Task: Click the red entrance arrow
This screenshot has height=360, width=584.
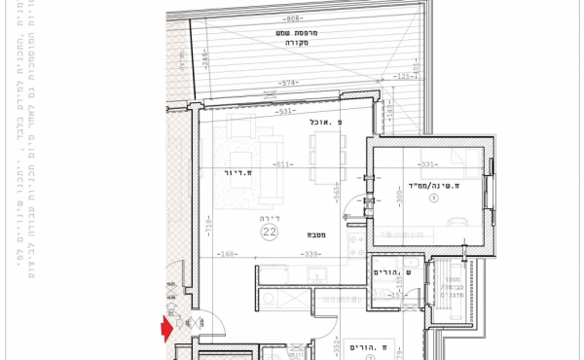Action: [166, 330]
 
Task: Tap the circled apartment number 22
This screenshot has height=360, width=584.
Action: [269, 232]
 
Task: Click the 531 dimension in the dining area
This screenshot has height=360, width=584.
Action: [286, 111]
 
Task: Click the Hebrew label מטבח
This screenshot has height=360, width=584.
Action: [317, 234]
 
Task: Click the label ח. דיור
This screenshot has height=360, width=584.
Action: [237, 173]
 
